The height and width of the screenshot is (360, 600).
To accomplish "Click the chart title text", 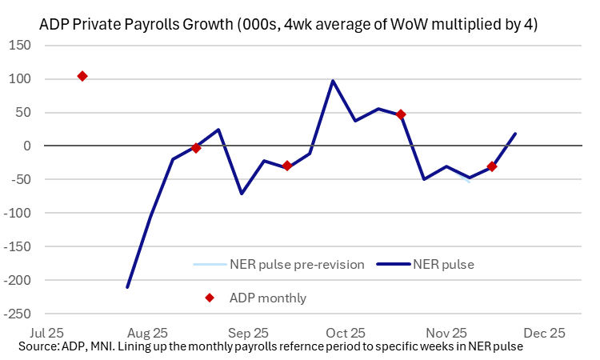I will [x=289, y=26].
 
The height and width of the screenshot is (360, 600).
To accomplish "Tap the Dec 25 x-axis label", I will [x=546, y=332].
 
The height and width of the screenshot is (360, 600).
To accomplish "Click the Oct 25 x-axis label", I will [x=346, y=332].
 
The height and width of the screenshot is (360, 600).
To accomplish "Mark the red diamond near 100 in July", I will [x=82, y=76].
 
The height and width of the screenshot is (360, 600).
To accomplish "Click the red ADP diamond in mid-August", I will [x=196, y=148].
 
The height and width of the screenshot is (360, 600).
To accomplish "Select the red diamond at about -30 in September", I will [x=286, y=166].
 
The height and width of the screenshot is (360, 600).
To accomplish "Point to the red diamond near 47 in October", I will [x=401, y=114].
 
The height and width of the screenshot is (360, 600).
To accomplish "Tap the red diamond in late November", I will [x=492, y=166].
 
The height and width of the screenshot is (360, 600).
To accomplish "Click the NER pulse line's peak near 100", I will [x=333, y=81].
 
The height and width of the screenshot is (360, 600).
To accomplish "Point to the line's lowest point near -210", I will [x=127, y=287].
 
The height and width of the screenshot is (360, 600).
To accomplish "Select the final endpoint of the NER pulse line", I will [x=515, y=134].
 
